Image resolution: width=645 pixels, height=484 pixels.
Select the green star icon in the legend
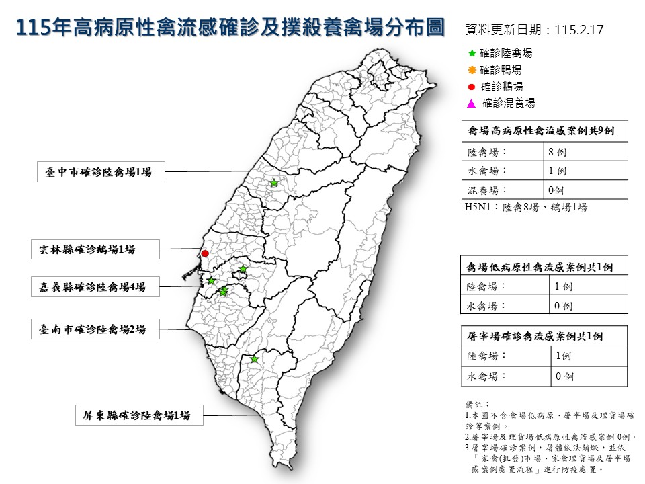click(472, 52)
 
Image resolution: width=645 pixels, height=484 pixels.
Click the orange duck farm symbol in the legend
click(472, 69)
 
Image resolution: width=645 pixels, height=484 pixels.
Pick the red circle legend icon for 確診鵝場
click(472, 86)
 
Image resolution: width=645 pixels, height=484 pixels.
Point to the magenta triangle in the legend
click(472, 103)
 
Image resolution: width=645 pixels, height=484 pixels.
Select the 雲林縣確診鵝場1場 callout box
click(95, 249)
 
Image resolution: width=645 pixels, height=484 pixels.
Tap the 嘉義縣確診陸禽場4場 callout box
click(95, 287)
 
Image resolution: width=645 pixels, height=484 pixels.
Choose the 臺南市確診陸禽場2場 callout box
click(95, 329)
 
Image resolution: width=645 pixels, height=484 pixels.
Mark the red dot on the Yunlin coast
click(205, 253)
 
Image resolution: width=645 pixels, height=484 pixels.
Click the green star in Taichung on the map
click(274, 183)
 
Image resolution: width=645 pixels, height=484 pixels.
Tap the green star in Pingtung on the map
click(254, 359)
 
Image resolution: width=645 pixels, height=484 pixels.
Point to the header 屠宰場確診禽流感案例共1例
click(544, 336)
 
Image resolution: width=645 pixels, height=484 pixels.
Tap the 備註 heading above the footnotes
click(474, 405)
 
